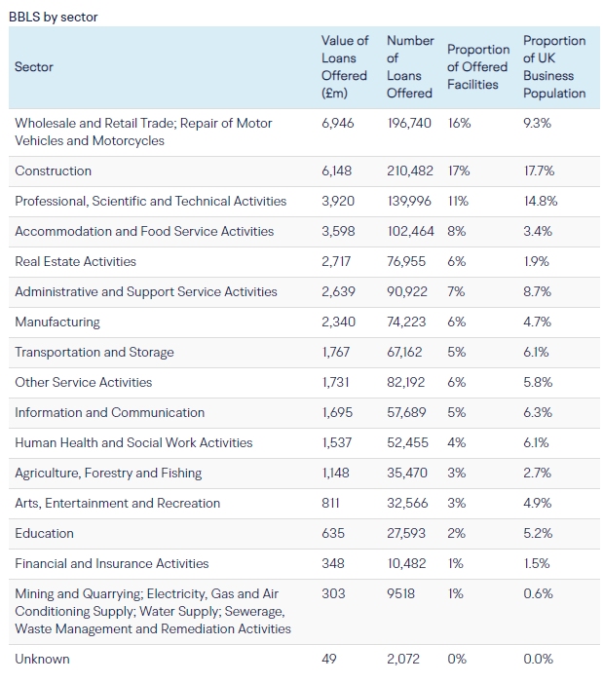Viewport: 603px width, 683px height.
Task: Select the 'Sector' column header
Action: point(34,67)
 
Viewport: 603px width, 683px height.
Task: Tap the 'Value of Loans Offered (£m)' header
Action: point(345,67)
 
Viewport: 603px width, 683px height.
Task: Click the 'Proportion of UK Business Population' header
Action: point(554,67)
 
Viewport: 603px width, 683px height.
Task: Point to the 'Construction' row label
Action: point(54,171)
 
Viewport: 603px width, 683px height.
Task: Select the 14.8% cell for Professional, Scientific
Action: point(539,202)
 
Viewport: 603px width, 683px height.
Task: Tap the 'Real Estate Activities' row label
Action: point(76,262)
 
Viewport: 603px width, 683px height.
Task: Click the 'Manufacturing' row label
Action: point(57,323)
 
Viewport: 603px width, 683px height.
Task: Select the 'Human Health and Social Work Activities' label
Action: point(133,443)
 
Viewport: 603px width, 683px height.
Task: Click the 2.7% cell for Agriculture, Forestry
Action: point(537,474)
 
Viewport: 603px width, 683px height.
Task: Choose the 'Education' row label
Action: point(44,534)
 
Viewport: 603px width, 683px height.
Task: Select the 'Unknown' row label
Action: point(43,660)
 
